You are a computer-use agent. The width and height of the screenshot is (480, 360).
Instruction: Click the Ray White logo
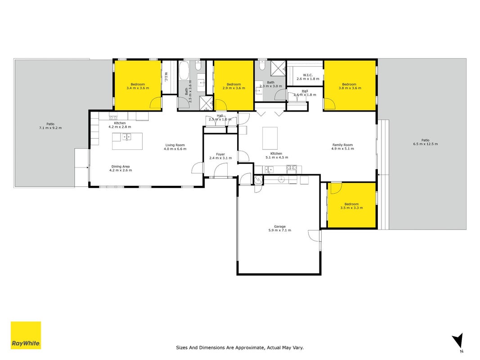pos(26,335)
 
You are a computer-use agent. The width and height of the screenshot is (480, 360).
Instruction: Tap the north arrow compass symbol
pos(458,342)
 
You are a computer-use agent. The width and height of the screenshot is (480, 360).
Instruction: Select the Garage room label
pos(280,228)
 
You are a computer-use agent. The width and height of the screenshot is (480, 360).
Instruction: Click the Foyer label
pos(220,156)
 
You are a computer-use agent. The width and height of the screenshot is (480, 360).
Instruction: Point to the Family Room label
pos(342,147)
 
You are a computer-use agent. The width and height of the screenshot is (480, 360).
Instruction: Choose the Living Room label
pos(175,147)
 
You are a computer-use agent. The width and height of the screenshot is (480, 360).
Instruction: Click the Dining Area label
pos(121,168)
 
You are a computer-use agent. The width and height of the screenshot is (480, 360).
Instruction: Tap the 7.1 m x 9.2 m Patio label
pos(50,126)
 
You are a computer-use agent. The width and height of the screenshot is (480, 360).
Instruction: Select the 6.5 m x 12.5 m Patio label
pos(425,142)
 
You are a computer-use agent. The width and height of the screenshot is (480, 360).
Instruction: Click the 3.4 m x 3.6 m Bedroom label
pos(138,86)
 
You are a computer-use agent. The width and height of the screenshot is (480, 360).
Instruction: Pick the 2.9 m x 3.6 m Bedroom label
pos(234,86)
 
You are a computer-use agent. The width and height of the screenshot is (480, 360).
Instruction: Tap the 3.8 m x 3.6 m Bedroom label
pos(350,86)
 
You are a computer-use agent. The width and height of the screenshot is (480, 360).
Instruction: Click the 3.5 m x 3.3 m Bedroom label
pos(351,206)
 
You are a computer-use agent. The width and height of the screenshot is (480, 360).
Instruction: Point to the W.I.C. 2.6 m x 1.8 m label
pos(308,77)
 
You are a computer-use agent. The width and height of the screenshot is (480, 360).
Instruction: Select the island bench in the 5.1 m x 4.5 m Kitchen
pos(270,138)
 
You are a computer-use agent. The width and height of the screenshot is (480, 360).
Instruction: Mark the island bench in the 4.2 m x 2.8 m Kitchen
pos(127,141)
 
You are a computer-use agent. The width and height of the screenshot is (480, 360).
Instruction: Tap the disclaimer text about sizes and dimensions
pos(240,347)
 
